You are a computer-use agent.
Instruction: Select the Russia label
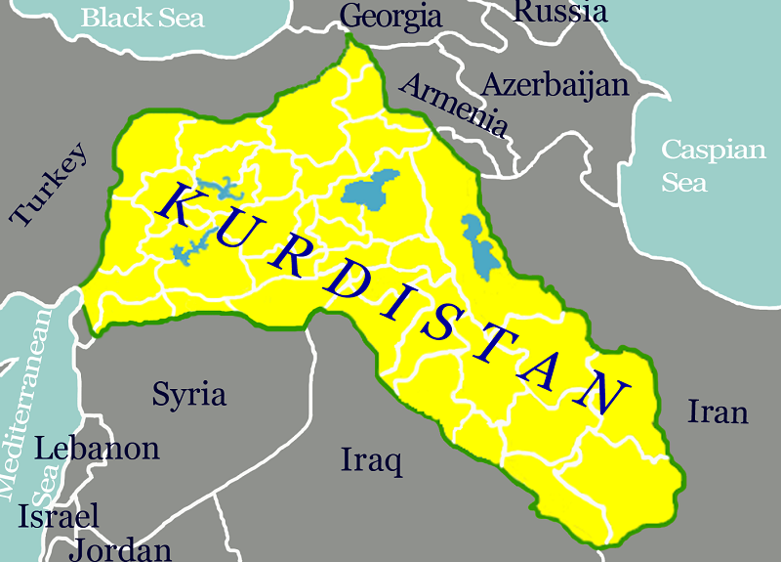click(x=559, y=12)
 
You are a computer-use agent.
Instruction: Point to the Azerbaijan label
click(x=555, y=84)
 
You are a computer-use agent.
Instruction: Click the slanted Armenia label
click(x=455, y=104)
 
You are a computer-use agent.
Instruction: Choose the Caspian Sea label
click(x=714, y=165)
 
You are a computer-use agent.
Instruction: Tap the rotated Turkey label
click(x=50, y=184)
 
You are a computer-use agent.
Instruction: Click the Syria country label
click(x=189, y=394)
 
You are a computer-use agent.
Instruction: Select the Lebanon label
click(x=97, y=449)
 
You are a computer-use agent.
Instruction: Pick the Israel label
click(x=60, y=515)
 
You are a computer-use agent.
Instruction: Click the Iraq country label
click(x=371, y=459)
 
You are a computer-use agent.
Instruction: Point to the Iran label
click(x=718, y=411)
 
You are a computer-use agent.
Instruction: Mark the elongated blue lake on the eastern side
click(x=478, y=245)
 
